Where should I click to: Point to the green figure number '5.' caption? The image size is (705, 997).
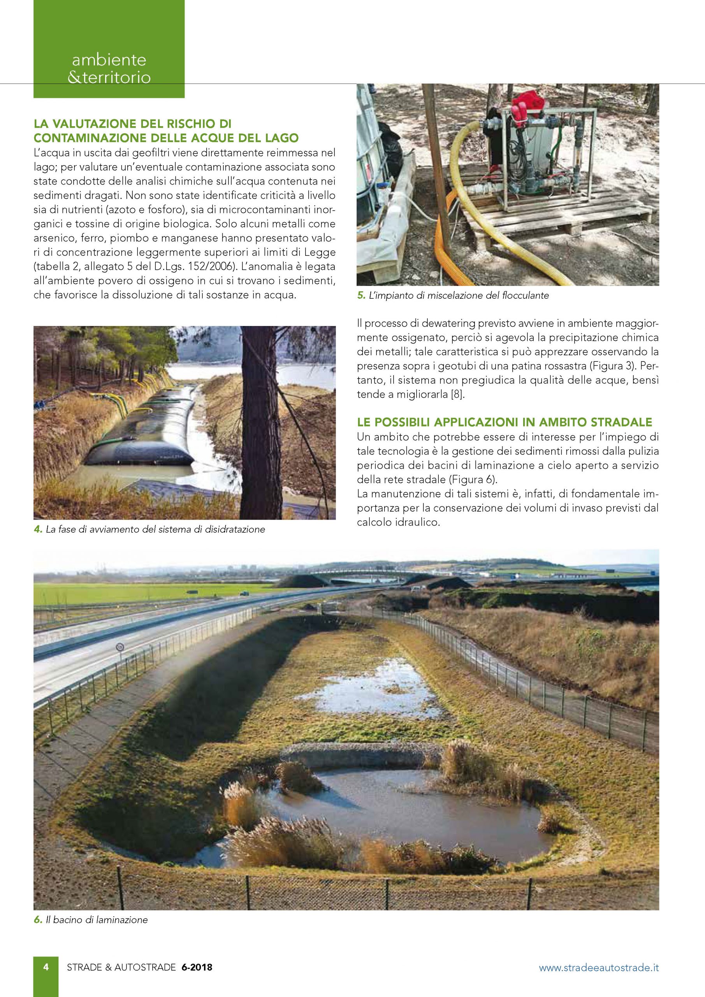(360, 296)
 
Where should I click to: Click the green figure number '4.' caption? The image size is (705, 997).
(37, 530)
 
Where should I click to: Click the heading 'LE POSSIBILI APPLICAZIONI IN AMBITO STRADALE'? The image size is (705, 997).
(505, 422)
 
